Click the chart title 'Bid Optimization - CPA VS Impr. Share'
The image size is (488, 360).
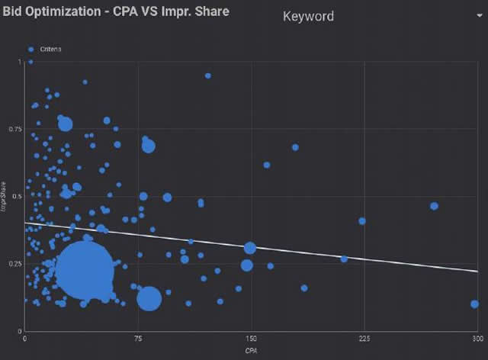(x=116, y=13)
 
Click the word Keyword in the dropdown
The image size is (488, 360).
(x=308, y=16)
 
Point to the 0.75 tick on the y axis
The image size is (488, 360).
(x=16, y=129)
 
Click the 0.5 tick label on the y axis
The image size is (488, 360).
(x=18, y=196)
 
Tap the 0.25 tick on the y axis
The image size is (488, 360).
(x=16, y=264)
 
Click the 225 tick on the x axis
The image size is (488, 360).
(x=364, y=338)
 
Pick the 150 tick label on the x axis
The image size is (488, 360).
(x=251, y=338)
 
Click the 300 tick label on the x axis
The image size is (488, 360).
(x=475, y=338)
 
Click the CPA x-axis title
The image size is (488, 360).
(x=251, y=350)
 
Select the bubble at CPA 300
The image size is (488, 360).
(x=474, y=304)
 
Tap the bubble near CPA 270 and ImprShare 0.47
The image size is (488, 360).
(x=434, y=206)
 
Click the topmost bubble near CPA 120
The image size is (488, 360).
(x=207, y=76)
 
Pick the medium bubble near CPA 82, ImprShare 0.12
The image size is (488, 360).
(x=149, y=298)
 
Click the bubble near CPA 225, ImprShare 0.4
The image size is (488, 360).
(x=362, y=221)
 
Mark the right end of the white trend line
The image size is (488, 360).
(x=477, y=271)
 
